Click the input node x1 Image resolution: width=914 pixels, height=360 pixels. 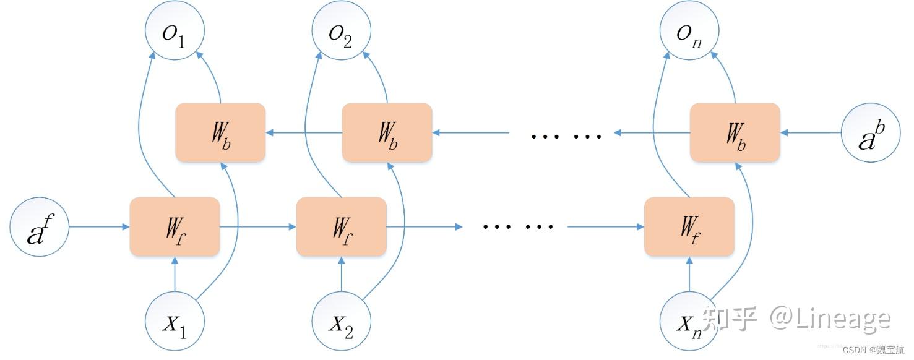coord(175,322)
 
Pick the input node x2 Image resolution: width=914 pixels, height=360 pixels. coord(341,322)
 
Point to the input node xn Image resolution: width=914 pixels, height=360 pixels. coord(689,322)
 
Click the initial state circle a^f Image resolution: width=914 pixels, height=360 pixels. coord(39,227)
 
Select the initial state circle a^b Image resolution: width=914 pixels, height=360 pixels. coord(870,133)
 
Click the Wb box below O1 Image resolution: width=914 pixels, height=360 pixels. coord(221,133)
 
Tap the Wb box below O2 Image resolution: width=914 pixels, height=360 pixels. coord(387,133)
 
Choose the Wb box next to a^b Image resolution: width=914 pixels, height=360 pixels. coord(735,133)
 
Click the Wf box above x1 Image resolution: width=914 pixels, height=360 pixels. coord(175,227)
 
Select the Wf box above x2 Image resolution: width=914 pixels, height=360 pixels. coord(341,227)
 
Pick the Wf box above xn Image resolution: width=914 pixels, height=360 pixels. coord(689,227)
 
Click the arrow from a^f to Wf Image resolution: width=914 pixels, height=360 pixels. coord(99,227)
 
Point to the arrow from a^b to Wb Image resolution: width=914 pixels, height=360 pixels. coord(811,133)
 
